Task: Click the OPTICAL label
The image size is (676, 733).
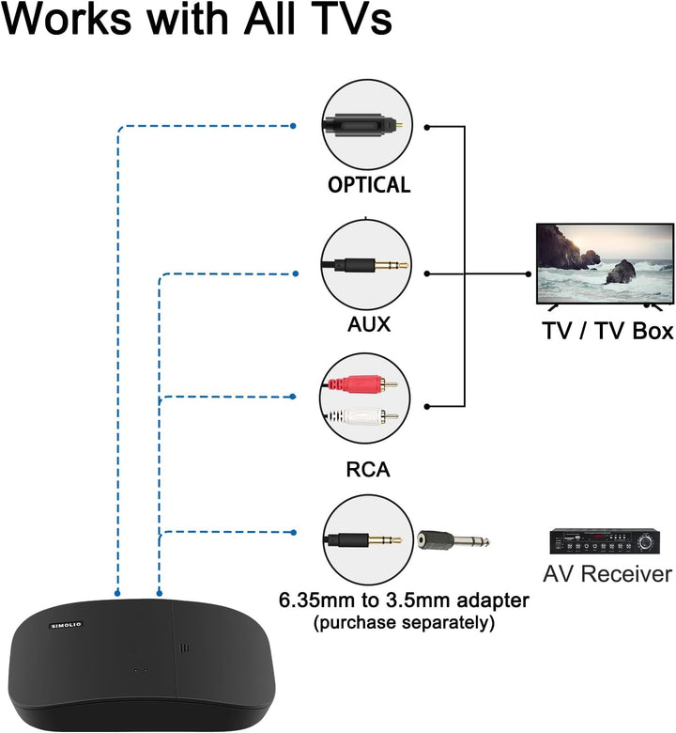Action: [x=369, y=185]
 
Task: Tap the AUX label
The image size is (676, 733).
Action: [x=368, y=325]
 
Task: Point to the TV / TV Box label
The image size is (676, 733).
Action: [x=608, y=332]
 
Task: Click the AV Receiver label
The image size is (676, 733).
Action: [x=607, y=573]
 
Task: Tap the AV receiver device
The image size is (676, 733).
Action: [x=607, y=542]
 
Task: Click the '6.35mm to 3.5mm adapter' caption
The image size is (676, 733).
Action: [x=405, y=600]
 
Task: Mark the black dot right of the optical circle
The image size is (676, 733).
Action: [x=427, y=125]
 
